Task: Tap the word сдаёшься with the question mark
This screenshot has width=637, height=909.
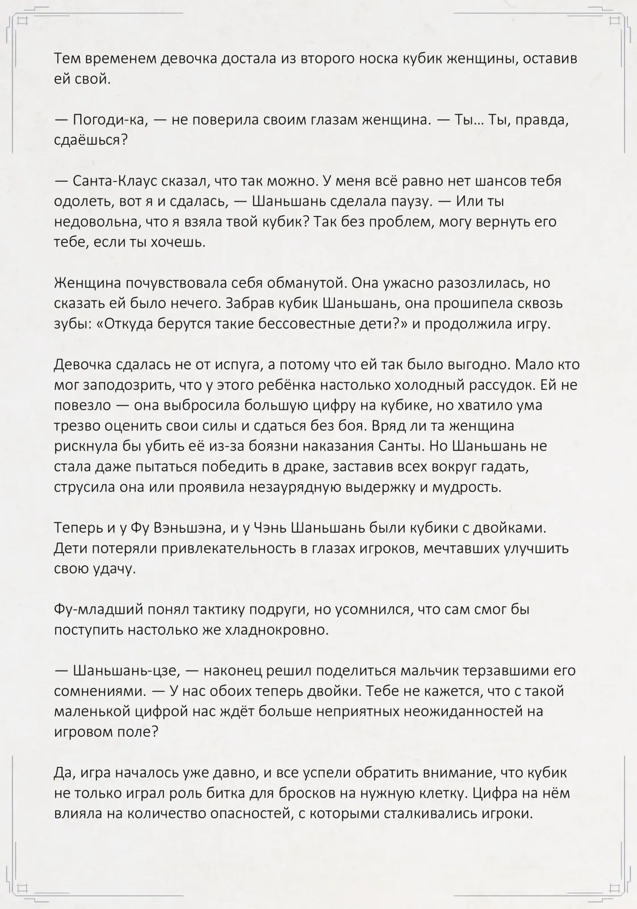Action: click(x=91, y=140)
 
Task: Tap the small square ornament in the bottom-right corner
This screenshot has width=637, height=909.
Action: click(x=614, y=887)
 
